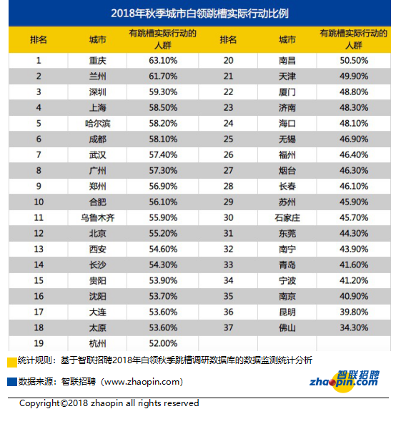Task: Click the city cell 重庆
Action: [x=97, y=61]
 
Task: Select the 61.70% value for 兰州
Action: [x=163, y=76]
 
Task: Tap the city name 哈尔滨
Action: [x=98, y=124]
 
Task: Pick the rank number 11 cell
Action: [x=39, y=217]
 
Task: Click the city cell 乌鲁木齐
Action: [x=98, y=218]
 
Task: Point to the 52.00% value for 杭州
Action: [x=163, y=343]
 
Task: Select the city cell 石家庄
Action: [x=287, y=218]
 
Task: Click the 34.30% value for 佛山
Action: [x=354, y=327]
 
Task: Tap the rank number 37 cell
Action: [x=228, y=327]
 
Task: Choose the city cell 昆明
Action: [x=287, y=312]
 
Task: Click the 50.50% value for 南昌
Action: [x=354, y=61]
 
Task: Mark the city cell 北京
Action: [x=98, y=233]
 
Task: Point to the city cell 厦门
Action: [x=287, y=92]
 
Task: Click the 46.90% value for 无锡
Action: [x=354, y=139]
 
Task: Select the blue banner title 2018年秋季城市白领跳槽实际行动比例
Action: [x=199, y=13]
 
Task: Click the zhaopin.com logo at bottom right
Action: [x=345, y=381]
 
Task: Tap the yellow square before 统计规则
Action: [x=12, y=363]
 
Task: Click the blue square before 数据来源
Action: [x=12, y=382]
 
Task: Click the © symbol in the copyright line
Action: [x=64, y=403]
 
